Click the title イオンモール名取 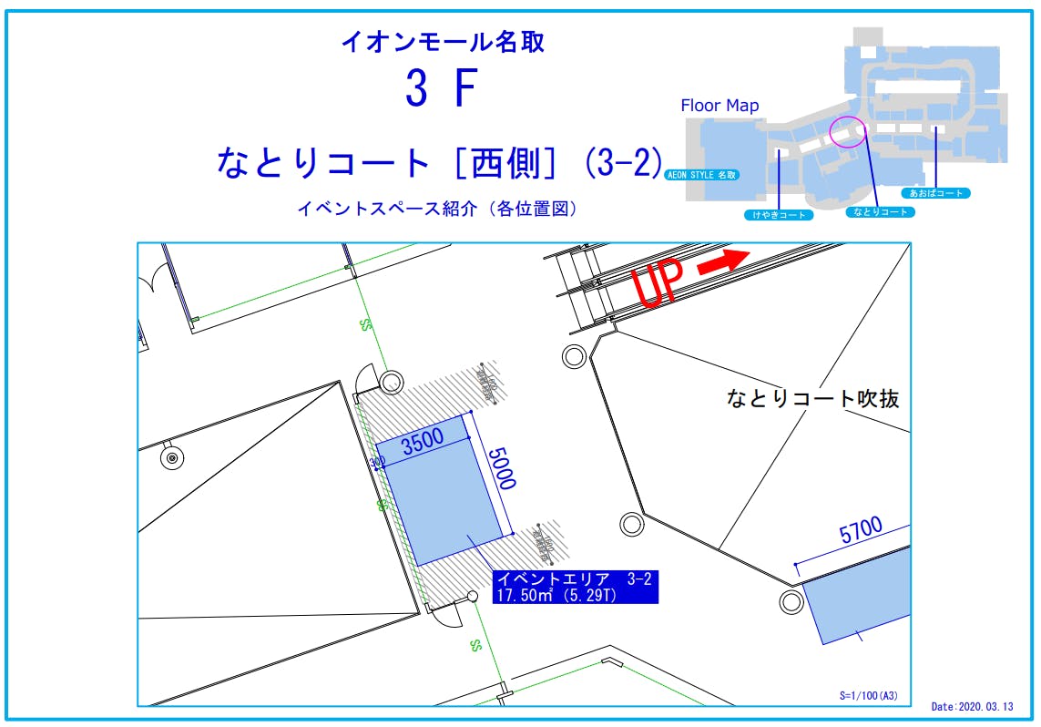coord(443,41)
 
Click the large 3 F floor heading coord(442,89)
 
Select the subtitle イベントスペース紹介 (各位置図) coord(437,209)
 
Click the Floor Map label coord(720,106)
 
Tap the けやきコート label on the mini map coord(779,215)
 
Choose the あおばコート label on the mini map coord(935,193)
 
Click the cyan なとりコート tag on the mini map coord(879,211)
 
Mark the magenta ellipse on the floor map coord(849,132)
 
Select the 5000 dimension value coord(502,468)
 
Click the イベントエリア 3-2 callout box coord(574,587)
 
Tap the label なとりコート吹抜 coord(812,398)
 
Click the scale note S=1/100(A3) coord(868,695)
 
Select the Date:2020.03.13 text coord(975,706)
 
